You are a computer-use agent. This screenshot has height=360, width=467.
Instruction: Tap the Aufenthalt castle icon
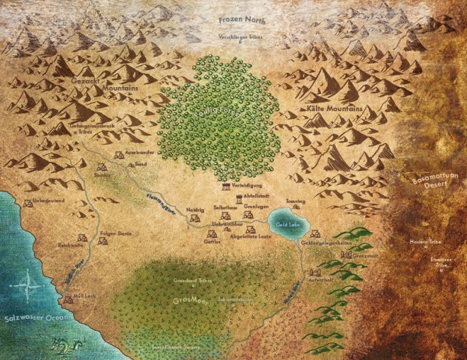pos(315,273)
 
